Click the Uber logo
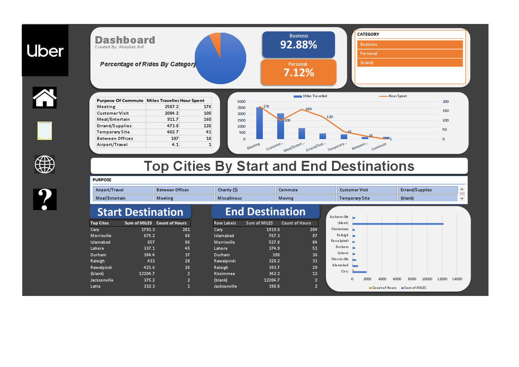pyautogui.click(x=45, y=51)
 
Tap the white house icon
pyautogui.click(x=44, y=98)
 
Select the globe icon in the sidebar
pyautogui.click(x=45, y=164)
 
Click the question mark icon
pyautogui.click(x=45, y=200)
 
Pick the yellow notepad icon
pyautogui.click(x=44, y=131)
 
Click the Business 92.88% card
pyautogui.click(x=299, y=44)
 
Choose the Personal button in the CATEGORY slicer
pyautogui.click(x=410, y=54)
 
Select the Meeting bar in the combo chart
pyautogui.click(x=259, y=123)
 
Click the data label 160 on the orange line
pyautogui.click(x=308, y=109)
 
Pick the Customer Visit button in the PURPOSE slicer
pyautogui.click(x=366, y=190)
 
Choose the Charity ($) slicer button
pyautogui.click(x=244, y=190)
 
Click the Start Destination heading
pyautogui.click(x=140, y=212)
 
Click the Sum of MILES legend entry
pyautogui.click(x=414, y=288)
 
